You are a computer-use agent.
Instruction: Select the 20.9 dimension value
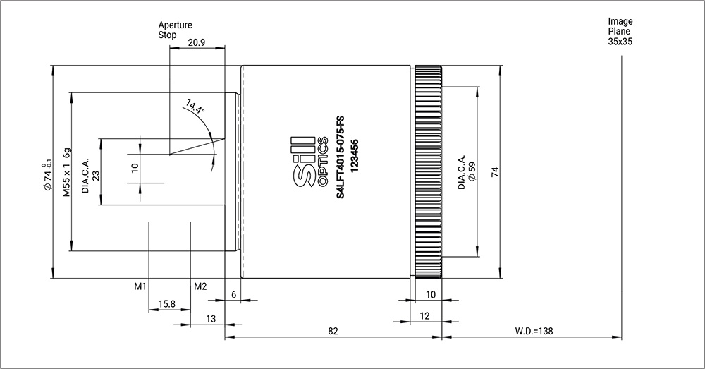[197, 42]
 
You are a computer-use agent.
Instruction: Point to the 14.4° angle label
[195, 107]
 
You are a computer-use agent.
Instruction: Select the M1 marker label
[140, 286]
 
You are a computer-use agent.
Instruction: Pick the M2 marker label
[200, 286]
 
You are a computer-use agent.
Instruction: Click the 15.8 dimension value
[167, 304]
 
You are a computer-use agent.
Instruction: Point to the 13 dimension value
[210, 319]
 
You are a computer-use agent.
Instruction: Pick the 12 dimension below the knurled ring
[424, 317]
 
